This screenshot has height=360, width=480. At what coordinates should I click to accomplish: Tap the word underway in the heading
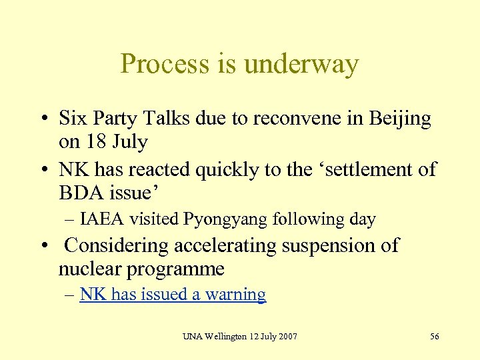point(301,64)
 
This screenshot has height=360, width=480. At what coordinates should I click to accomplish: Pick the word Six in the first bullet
point(72,119)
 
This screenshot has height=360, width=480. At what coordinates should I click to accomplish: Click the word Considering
point(117,245)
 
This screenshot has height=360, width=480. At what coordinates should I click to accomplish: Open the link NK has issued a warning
point(173,295)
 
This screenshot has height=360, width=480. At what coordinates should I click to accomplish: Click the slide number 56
point(434,336)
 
